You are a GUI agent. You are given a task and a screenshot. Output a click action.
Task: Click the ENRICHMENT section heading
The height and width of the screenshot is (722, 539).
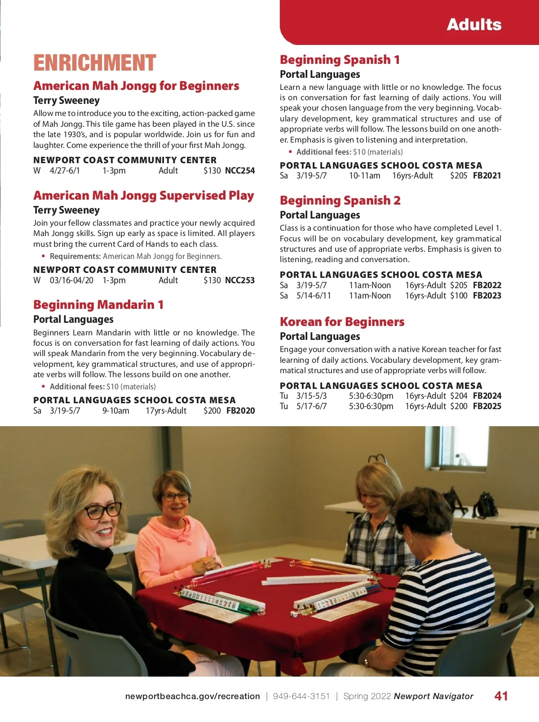coord(94,63)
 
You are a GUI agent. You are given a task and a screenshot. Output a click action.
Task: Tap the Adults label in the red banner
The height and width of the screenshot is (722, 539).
coord(474,25)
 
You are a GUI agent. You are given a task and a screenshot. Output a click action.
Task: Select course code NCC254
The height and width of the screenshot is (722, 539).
coord(240,171)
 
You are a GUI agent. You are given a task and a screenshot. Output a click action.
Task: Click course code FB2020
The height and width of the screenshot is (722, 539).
coord(240,411)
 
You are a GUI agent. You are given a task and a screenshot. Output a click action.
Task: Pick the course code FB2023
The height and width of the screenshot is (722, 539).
coord(487,296)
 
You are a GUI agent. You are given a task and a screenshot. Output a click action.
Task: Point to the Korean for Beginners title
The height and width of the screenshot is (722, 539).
coord(342,322)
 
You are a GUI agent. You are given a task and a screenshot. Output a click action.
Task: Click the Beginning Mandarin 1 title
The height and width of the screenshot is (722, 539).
coord(98,305)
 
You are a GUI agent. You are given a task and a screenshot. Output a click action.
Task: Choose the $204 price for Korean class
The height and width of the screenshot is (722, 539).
coord(459,396)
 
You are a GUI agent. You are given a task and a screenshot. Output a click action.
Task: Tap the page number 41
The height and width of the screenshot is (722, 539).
coord(501,696)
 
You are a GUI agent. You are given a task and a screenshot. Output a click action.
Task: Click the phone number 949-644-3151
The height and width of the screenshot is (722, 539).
coord(301,696)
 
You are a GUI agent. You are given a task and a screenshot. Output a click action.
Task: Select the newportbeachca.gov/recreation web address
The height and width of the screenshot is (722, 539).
coord(192,696)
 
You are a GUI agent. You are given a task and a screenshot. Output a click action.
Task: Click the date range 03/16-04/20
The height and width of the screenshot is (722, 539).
coord(71,281)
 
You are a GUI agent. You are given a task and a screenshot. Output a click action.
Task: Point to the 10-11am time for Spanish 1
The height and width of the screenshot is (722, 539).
coord(364,176)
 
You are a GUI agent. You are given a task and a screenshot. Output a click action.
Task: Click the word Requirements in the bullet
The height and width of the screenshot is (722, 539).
coord(75,256)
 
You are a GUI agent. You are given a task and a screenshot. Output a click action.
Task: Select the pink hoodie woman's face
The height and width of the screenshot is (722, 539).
coord(176,499)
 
